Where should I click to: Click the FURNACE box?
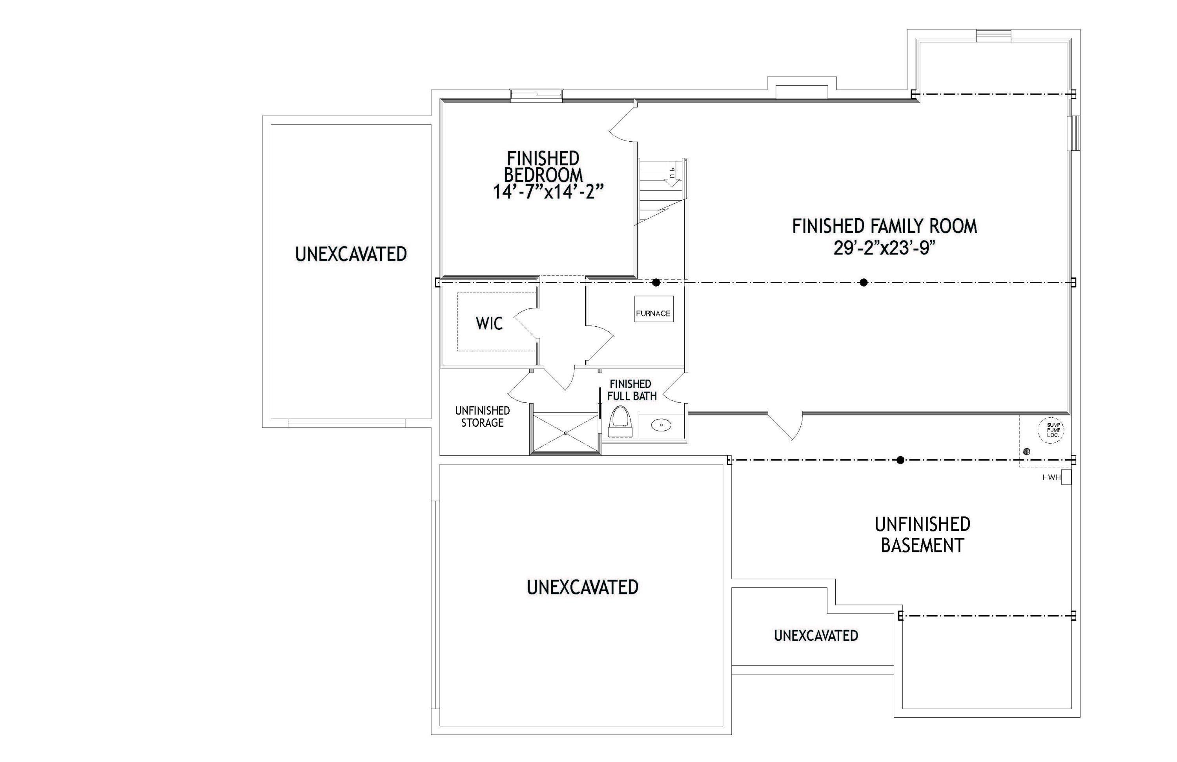(654, 309)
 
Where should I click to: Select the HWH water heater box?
(1066, 477)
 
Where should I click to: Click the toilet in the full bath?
(620, 422)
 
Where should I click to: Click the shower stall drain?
(566, 433)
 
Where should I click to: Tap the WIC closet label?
(489, 323)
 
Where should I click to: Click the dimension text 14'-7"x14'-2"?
(548, 192)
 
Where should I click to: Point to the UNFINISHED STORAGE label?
(482, 417)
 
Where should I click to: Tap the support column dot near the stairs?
(656, 283)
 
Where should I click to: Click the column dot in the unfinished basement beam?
(900, 460)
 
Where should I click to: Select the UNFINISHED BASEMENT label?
(922, 535)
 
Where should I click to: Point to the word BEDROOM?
(543, 175)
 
